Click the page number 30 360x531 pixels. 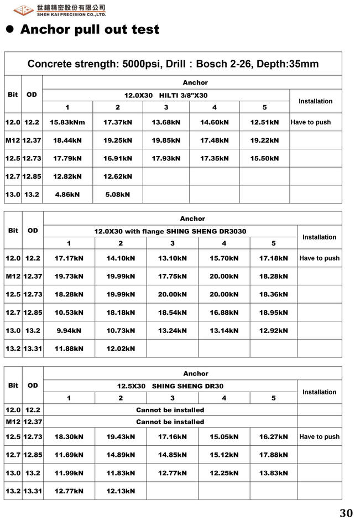pos(346,513)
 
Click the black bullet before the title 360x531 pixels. pos(9,29)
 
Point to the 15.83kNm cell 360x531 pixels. pos(67,122)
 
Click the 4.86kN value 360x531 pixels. pos(67,194)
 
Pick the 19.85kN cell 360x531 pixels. pos(166,140)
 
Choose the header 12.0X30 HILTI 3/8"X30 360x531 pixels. pos(166,95)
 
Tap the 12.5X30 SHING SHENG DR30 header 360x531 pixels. pos(170,386)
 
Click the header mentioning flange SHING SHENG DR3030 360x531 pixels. pos(170,231)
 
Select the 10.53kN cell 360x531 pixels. pos(69,313)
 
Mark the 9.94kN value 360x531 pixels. pos(69,331)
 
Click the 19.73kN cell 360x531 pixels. pos(69,276)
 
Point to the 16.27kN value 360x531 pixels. pos(274,436)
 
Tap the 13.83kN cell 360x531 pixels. pos(274,473)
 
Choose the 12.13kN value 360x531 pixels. pos(121,491)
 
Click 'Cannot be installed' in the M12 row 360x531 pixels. pos(170,421)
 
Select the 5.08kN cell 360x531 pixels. pos(118,194)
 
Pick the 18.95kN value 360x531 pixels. pos(274,313)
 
